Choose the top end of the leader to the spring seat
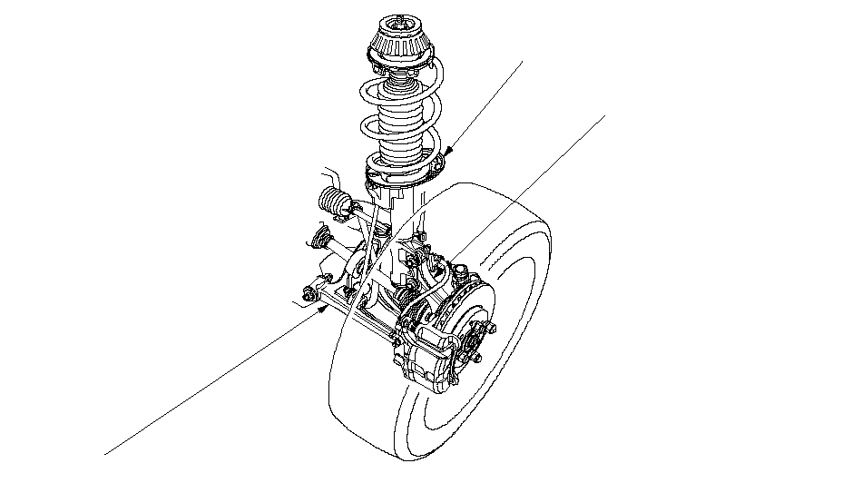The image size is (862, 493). tap(524, 61)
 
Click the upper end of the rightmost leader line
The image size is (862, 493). tap(605, 114)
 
